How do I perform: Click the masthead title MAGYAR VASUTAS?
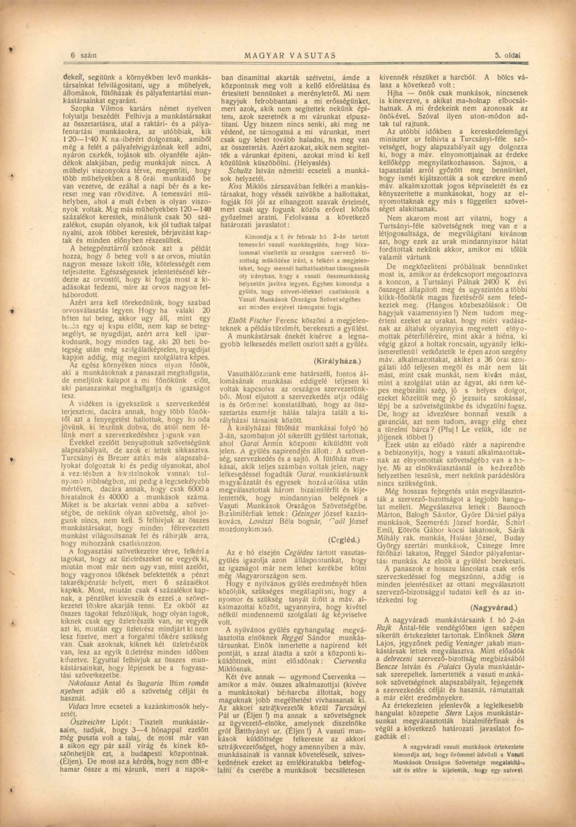pyautogui.click(x=290, y=55)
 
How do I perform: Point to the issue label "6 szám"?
pyautogui.click(x=83, y=55)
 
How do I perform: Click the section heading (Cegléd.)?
pyautogui.click(x=344, y=539)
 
